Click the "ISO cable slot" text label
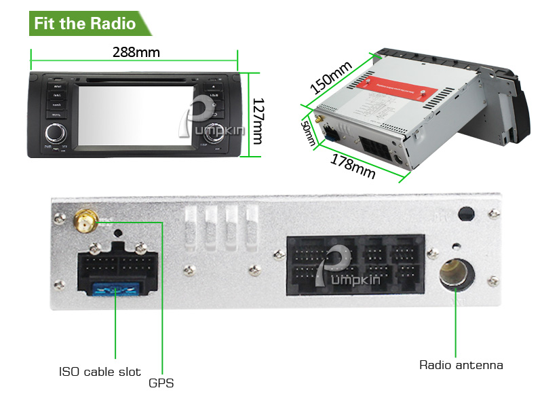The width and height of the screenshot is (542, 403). point(100,372)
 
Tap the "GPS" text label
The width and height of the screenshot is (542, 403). point(161,383)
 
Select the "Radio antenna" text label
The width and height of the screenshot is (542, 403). point(461,365)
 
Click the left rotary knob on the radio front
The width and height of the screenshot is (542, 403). point(55,132)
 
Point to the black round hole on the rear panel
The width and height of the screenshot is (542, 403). point(465,214)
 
